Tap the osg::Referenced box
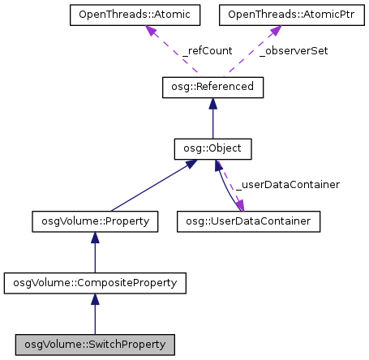click(x=212, y=86)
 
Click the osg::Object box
click(x=212, y=148)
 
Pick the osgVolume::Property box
click(x=95, y=220)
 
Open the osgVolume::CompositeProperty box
click(x=95, y=282)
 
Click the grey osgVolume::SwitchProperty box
click(x=95, y=345)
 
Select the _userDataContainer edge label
click(x=287, y=185)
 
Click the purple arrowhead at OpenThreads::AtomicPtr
click(x=274, y=30)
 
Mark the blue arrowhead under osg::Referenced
click(x=212, y=103)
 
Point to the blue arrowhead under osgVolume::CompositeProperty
click(x=95, y=300)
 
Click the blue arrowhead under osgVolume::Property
click(x=95, y=238)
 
